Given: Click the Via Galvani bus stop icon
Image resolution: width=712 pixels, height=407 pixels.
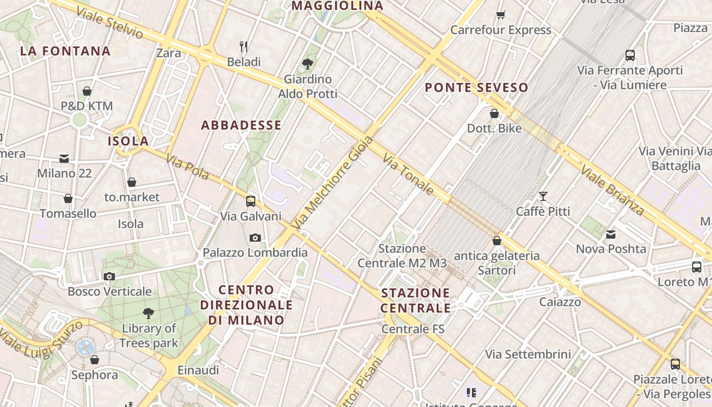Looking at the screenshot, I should (251, 201).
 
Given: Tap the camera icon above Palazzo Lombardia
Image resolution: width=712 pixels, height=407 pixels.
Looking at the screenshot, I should (255, 238).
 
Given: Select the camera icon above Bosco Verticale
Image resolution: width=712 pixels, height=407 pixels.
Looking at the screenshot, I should (109, 276).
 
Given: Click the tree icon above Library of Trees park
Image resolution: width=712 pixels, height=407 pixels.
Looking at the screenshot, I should (149, 313).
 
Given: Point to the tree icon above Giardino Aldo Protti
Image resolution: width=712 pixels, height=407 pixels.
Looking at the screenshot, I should (307, 64).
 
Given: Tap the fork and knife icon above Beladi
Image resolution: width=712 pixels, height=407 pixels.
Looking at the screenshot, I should (244, 47).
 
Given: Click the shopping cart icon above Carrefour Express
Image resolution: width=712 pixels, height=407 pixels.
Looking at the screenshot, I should (501, 15).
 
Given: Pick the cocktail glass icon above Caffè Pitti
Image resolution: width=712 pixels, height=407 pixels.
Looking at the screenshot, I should (543, 196).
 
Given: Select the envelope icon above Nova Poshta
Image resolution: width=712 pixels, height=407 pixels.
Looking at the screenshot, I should (611, 234).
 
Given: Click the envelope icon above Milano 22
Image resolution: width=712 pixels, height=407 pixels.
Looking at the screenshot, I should (64, 158).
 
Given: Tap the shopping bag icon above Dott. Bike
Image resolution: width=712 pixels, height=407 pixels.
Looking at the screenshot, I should (494, 113).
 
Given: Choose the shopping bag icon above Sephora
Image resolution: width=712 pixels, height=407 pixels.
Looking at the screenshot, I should (95, 360).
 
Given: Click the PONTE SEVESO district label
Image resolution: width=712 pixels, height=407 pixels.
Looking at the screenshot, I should (477, 88).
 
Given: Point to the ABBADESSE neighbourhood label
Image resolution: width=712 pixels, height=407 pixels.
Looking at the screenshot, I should (241, 125).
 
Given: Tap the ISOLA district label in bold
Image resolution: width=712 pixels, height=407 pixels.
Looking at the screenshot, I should (128, 141).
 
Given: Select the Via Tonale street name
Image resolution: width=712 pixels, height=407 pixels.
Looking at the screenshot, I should (408, 175).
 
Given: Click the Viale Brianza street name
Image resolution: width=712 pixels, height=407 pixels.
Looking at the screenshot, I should (612, 190).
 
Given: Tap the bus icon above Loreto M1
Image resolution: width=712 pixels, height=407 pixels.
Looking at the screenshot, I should (696, 267).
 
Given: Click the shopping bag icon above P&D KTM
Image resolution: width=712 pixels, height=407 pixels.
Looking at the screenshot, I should (87, 91).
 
